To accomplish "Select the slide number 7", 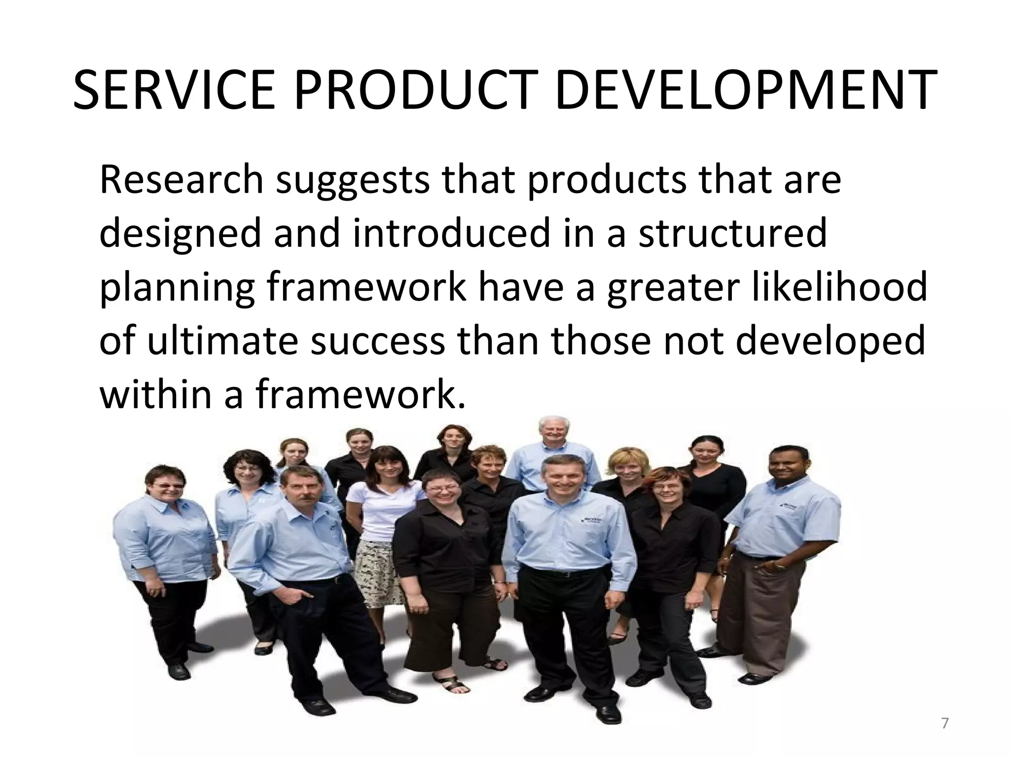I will click(x=945, y=723).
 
